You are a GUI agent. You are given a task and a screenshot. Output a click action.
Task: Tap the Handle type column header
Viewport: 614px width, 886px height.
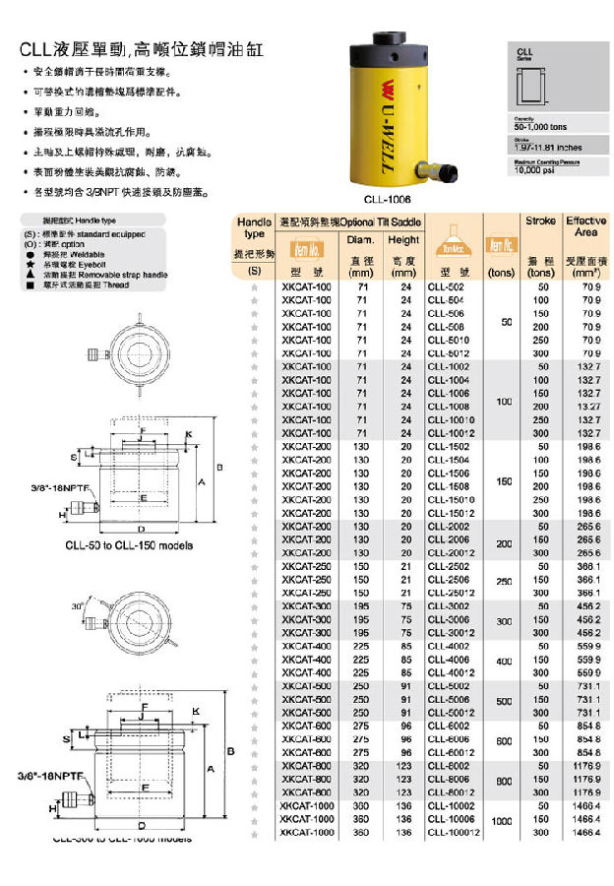[x=255, y=227]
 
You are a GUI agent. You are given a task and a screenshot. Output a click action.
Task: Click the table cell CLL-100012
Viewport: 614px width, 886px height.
[x=452, y=832]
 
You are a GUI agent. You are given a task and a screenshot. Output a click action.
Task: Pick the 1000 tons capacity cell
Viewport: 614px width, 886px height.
[x=502, y=819]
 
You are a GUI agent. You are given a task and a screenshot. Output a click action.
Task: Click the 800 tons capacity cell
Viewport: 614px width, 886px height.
[x=502, y=779]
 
